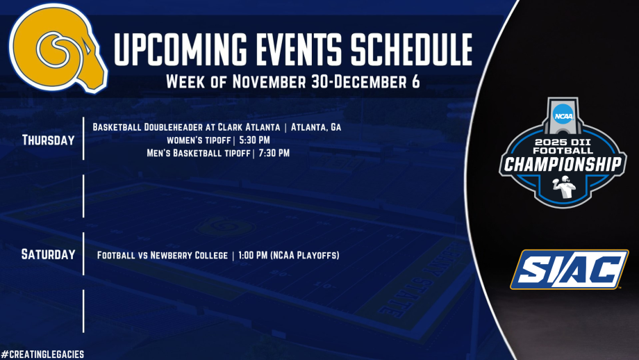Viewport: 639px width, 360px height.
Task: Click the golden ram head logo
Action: click(x=57, y=48)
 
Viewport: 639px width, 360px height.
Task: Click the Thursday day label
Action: click(x=49, y=140)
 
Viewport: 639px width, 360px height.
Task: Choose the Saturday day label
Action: click(x=49, y=255)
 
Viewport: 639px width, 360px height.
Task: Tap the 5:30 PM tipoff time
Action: click(x=254, y=140)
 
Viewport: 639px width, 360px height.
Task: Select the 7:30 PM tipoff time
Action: click(x=274, y=154)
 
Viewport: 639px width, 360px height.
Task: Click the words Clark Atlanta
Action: click(x=249, y=127)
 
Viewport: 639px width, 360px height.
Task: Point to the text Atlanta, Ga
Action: click(x=316, y=127)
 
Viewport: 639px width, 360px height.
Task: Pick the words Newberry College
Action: click(x=189, y=255)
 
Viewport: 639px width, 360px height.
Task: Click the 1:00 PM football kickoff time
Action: click(x=253, y=255)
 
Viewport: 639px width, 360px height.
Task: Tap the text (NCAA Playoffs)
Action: click(x=304, y=255)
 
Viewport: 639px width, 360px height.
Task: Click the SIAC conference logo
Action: click(x=570, y=270)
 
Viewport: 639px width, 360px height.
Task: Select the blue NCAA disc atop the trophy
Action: click(x=563, y=115)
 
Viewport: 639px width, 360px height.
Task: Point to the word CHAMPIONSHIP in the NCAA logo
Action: click(x=563, y=165)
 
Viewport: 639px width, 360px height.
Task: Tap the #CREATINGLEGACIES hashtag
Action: click(x=42, y=354)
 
